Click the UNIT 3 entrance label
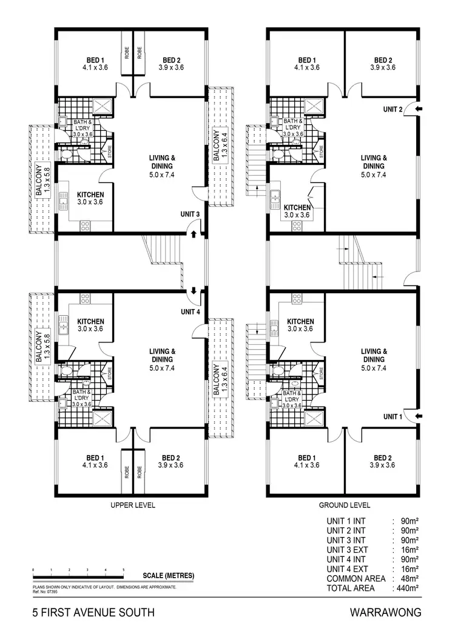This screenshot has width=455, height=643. click(x=189, y=214)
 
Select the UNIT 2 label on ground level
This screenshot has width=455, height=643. click(x=393, y=109)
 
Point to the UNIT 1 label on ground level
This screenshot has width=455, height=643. click(x=393, y=416)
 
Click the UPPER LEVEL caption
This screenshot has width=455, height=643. click(x=131, y=504)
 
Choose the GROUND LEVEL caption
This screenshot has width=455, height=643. click(x=344, y=504)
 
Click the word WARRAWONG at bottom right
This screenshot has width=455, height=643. click(x=386, y=613)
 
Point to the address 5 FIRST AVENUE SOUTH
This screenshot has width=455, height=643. click(x=93, y=613)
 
